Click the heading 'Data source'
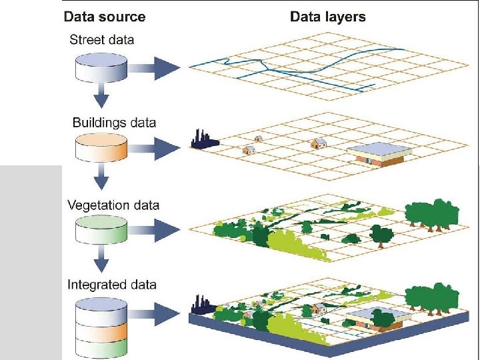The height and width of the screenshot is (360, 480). (x=104, y=16)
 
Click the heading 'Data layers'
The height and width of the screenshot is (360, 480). (x=327, y=16)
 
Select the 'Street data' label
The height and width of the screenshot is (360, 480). (x=101, y=39)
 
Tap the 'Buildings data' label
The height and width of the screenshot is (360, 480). (x=114, y=123)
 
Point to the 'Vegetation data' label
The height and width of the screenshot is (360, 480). (x=113, y=205)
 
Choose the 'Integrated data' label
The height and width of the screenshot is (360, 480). (x=112, y=285)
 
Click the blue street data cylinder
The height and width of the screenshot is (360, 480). (x=100, y=67)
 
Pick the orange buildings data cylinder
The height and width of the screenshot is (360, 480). (x=100, y=149)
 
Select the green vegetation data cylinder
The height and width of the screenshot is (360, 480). (x=100, y=230)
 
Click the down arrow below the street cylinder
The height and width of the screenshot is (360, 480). (x=100, y=97)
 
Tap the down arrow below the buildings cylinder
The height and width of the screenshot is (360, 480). (x=100, y=178)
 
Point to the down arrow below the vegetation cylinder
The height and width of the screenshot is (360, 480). (x=100, y=259)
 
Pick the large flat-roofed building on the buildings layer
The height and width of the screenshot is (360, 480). (x=377, y=155)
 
